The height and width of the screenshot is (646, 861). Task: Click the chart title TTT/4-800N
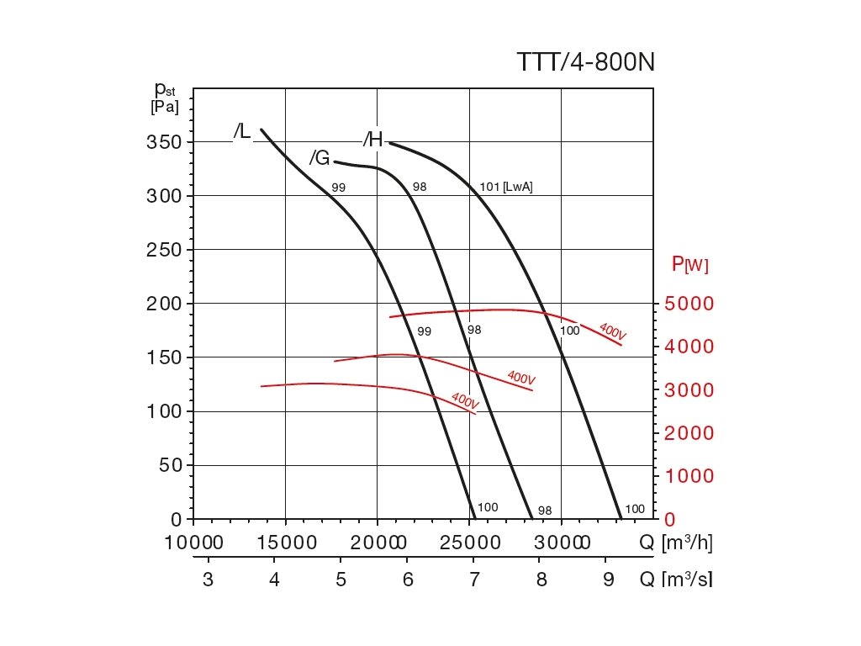point(585,64)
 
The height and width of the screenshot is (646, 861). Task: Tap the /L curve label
point(242,132)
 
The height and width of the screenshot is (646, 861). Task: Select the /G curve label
point(320,157)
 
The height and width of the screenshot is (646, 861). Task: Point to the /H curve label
point(373,140)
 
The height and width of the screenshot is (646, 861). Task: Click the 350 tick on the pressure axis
point(164,142)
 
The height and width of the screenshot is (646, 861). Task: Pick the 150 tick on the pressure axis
point(164,357)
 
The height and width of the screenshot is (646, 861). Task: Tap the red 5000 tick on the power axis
point(689,304)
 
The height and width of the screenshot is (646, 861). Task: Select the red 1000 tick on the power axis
point(689,476)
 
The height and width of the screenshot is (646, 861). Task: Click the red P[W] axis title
point(689,264)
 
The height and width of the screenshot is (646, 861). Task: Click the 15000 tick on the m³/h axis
point(285,543)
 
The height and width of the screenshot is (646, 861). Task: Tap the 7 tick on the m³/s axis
point(474,580)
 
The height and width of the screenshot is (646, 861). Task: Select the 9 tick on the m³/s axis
point(608,580)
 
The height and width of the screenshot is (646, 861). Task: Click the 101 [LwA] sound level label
point(506,188)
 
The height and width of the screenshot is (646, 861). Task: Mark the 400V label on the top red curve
point(612,330)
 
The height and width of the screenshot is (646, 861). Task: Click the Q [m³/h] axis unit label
point(676,543)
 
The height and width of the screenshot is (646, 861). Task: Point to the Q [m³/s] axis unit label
point(676,580)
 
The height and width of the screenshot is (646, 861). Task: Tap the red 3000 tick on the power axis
point(689,390)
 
